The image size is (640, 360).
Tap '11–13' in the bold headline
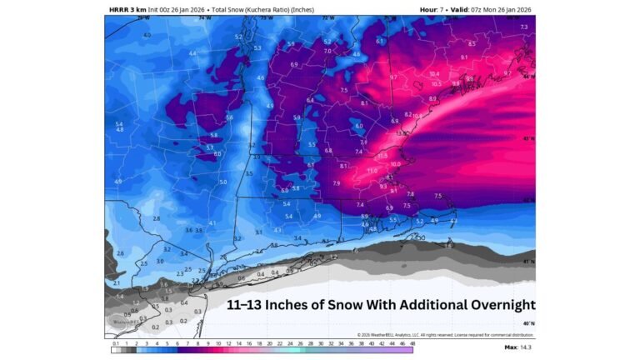click(247, 305)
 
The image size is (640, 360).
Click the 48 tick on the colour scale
click(412, 342)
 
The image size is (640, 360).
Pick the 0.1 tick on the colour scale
click(115, 342)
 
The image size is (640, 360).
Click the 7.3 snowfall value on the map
click(523, 27)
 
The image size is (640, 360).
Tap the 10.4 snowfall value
click(434, 73)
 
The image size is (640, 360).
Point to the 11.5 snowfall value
click(382, 155)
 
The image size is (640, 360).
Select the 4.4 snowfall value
click(192, 53)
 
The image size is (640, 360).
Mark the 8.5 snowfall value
click(472, 43)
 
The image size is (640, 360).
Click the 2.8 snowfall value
click(156, 218)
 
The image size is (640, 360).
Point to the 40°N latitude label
click(528, 322)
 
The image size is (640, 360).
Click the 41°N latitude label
click(528, 261)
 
